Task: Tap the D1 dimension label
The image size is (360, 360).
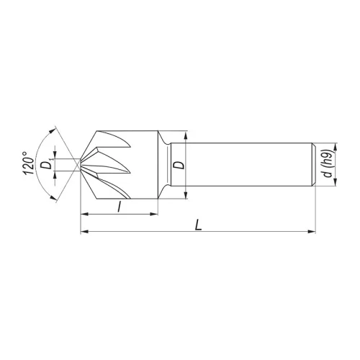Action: pyautogui.click(x=46, y=165)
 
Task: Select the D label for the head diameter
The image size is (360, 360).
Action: pyautogui.click(x=179, y=165)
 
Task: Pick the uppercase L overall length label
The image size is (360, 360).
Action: pyautogui.click(x=198, y=224)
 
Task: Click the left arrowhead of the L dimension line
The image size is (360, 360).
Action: pyautogui.click(x=83, y=231)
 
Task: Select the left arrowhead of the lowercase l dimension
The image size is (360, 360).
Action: pyautogui.click(x=83, y=214)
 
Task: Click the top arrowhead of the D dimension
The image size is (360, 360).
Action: pyautogui.click(x=186, y=135)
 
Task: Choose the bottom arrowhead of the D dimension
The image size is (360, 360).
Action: pyautogui.click(x=186, y=196)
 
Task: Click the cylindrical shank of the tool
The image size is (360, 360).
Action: pyautogui.click(x=245, y=165)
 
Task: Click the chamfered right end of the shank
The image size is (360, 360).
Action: pyautogui.click(x=312, y=165)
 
